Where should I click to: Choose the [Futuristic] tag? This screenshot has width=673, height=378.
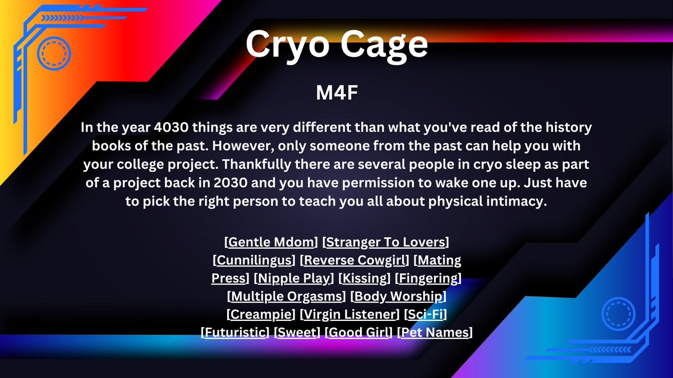(x=234, y=332)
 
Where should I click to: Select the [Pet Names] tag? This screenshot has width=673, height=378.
(x=434, y=332)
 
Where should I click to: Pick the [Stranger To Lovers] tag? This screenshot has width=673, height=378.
(x=386, y=242)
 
